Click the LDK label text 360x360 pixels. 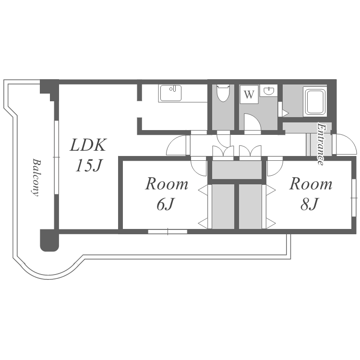(88, 145)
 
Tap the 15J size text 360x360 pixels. (89, 166)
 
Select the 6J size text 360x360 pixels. (165, 204)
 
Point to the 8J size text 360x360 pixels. (309, 204)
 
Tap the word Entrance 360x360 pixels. (321, 144)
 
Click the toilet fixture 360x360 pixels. (223, 93)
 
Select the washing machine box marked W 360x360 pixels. (249, 94)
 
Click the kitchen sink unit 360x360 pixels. (170, 94)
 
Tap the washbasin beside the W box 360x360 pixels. (269, 91)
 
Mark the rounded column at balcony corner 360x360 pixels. (49, 240)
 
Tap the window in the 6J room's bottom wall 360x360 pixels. (168, 231)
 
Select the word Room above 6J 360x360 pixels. (167, 184)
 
